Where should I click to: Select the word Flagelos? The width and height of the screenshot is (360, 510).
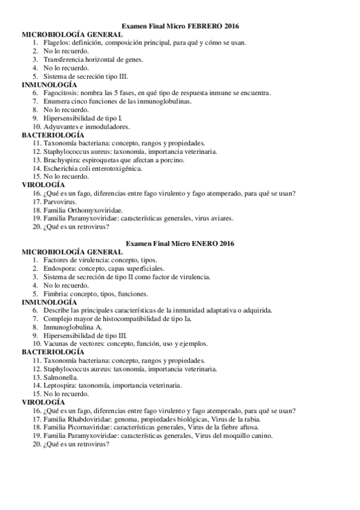coord(55,43)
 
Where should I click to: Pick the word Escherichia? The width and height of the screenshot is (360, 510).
coord(61,168)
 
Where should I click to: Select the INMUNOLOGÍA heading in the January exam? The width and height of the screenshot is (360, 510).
coord(49,302)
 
